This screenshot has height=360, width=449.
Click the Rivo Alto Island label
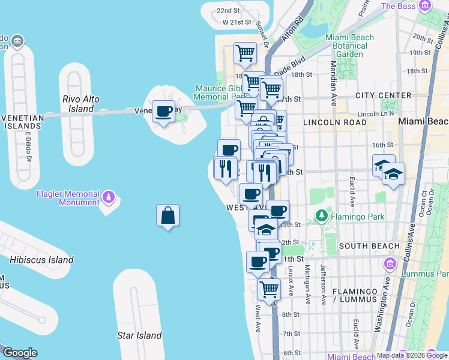[78, 104]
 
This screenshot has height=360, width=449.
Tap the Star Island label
[139, 335]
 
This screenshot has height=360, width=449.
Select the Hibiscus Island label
[41, 260]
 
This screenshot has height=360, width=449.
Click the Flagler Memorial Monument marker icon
[109, 196]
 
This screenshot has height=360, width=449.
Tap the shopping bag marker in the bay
[168, 215]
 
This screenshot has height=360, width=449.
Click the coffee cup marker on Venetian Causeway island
[163, 111]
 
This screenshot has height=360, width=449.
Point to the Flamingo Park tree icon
[322, 215]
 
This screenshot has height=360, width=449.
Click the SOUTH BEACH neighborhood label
[369, 246]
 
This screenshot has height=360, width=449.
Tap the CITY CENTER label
[383, 95]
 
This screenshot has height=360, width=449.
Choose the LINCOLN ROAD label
[335, 122]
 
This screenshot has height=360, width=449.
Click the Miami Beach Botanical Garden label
[349, 46]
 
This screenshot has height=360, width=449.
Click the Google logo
[20, 353]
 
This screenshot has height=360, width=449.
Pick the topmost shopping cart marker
[245, 53]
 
